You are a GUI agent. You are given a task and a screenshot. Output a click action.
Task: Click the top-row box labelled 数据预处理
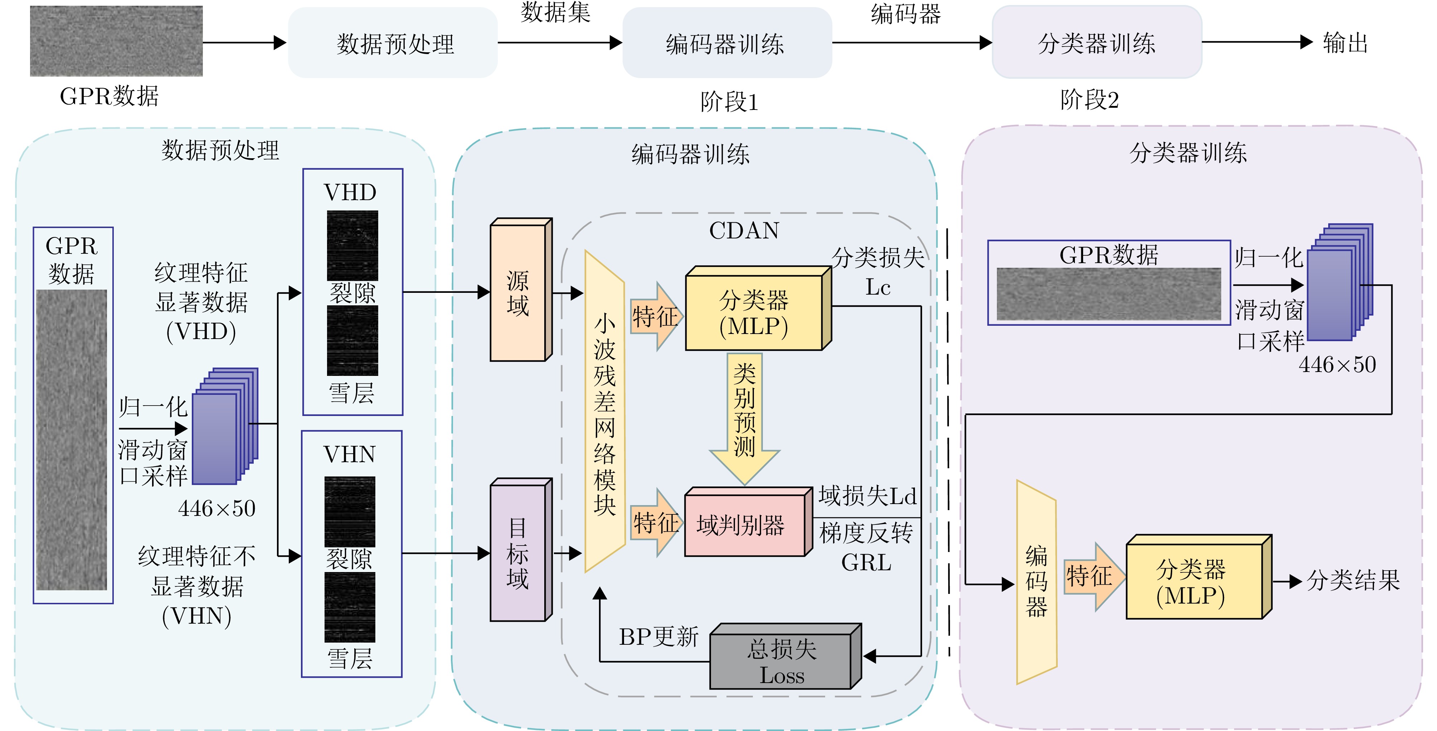[393, 43]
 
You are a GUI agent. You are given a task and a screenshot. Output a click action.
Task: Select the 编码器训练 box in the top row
[726, 43]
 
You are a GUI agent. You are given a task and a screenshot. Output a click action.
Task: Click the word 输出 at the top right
[1345, 43]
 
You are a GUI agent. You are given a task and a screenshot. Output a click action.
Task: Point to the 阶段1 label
[729, 102]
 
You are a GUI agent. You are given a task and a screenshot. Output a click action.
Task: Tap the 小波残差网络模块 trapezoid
[605, 413]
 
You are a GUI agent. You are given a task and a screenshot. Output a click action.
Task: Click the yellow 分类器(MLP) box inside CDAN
[754, 313]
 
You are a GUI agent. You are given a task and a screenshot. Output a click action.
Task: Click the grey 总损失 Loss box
[781, 661]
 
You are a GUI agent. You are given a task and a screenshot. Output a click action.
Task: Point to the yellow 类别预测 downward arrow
[745, 413]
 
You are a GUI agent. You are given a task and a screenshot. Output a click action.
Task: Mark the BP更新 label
[659, 637]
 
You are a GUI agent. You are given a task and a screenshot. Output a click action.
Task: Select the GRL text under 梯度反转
[866, 562]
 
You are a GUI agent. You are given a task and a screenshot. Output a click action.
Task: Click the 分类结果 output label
[1353, 580]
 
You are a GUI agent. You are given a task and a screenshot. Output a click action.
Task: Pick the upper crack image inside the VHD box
[352, 246]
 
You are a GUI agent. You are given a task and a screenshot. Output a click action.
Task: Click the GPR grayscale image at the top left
[116, 41]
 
